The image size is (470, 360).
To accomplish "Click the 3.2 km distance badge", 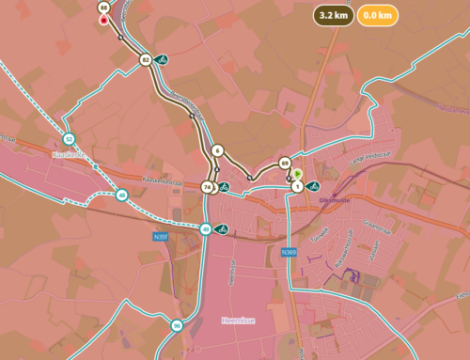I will [334, 16].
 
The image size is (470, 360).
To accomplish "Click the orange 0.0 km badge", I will [377, 16].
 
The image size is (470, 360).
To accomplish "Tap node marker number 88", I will [102, 7].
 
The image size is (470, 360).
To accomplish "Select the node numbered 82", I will [145, 60].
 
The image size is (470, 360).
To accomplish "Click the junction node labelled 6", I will [217, 150].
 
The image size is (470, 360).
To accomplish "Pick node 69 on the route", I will [285, 164].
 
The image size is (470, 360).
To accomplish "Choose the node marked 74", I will [207, 187].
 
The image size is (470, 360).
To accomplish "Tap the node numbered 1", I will [298, 187].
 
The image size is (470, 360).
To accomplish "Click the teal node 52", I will [69, 138].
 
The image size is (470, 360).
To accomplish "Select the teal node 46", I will [122, 196].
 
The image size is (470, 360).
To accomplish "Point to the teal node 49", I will [205, 229].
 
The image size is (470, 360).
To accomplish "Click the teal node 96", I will [177, 326].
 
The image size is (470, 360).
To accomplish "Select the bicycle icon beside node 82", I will [162, 60].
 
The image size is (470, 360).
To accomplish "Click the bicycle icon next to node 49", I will [222, 228].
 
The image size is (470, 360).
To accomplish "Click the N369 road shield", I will [289, 252].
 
